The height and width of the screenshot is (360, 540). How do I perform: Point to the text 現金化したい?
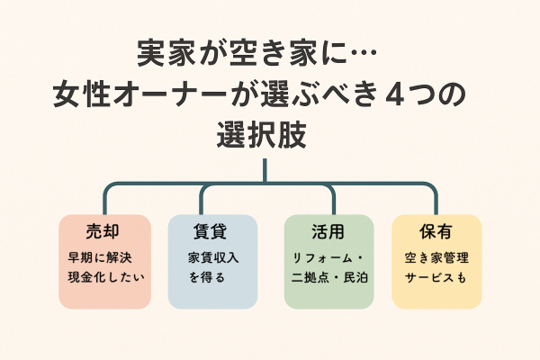pyautogui.click(x=104, y=278)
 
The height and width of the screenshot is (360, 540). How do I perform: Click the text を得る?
pyautogui.click(x=207, y=278)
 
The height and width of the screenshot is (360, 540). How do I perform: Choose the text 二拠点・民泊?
pyautogui.click(x=328, y=278)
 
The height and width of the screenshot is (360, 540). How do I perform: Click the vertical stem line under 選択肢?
pyautogui.click(x=265, y=171)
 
